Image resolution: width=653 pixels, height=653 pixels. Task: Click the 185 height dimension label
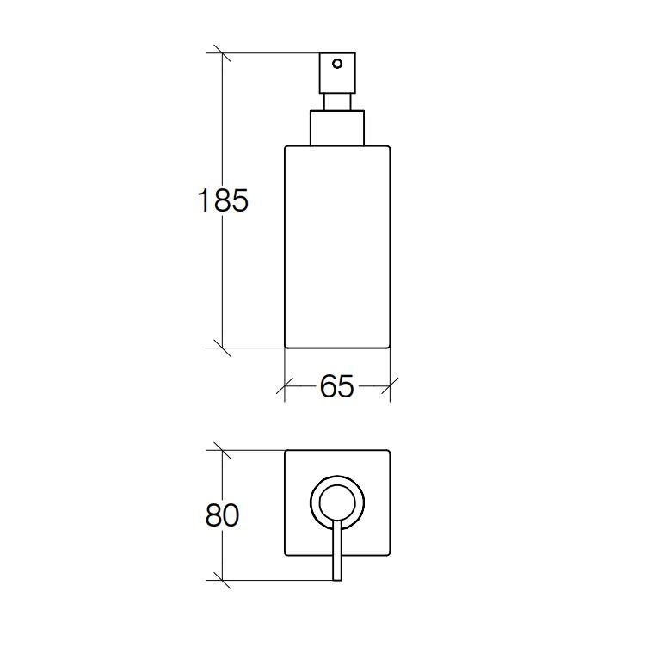point(222,200)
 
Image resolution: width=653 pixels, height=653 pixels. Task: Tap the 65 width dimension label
point(337,386)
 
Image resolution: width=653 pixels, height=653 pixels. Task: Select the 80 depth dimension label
point(222,515)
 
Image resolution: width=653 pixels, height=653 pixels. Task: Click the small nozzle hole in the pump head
point(337,64)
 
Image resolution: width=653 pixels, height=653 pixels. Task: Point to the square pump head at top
point(337,73)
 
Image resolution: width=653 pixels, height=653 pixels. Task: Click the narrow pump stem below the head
point(337,102)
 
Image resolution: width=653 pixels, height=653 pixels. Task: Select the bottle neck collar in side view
point(337,128)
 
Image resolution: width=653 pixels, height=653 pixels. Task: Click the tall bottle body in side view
point(337,247)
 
